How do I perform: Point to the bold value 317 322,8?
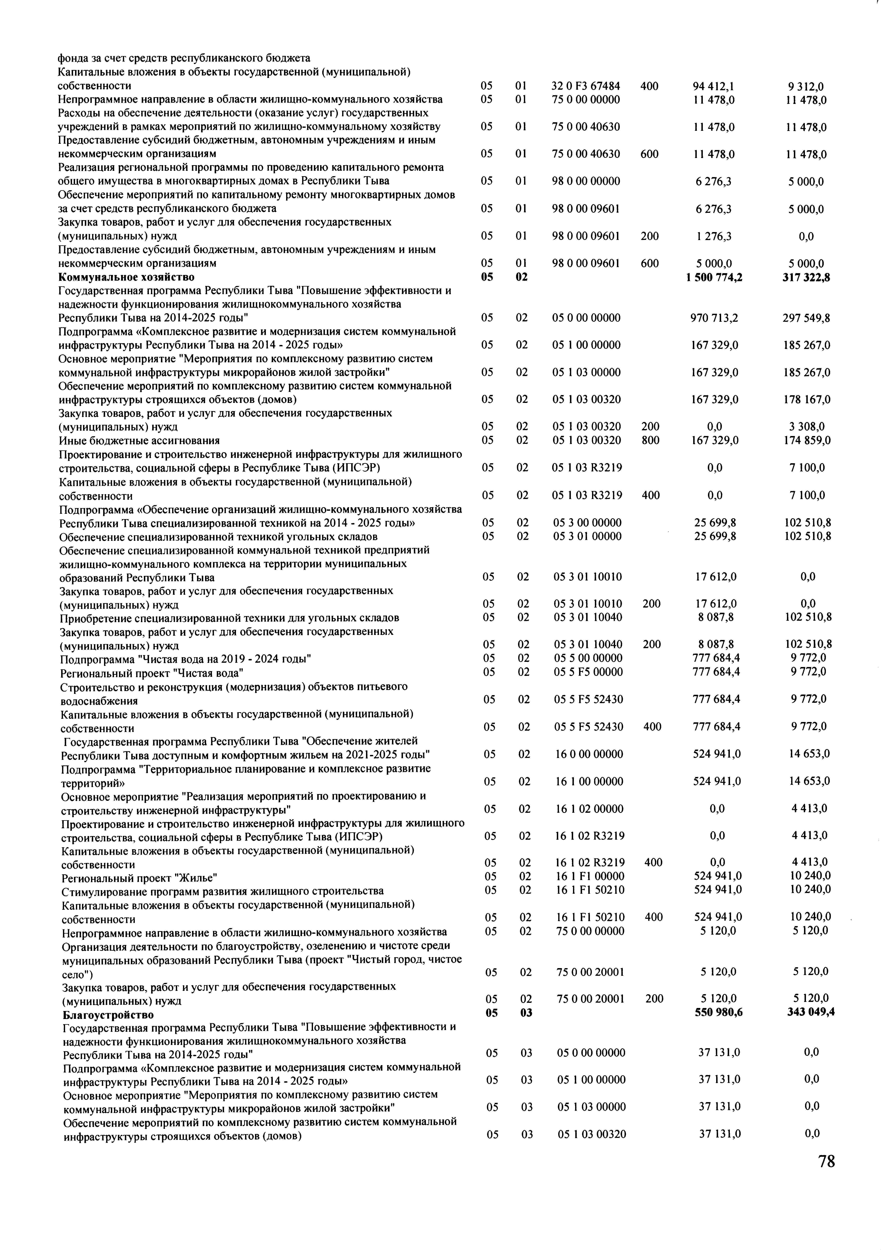806,277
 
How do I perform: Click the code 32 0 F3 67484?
585,86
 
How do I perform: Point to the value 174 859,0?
807,440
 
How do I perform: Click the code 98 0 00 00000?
585,181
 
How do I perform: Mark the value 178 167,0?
807,400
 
